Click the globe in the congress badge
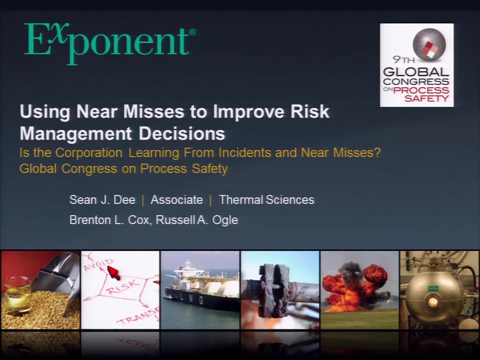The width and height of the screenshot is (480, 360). [x=429, y=45]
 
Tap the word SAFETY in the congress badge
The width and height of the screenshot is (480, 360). [x=427, y=98]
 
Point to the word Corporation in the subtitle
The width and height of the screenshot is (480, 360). [x=89, y=152]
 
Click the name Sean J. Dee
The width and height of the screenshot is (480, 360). [x=102, y=200]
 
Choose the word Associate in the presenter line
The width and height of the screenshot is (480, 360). [x=177, y=200]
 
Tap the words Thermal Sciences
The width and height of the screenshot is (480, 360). [x=267, y=200]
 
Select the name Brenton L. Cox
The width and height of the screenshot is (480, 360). [x=111, y=220]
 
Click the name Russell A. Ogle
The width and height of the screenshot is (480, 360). [x=197, y=220]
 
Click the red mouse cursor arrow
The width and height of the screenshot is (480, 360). [x=114, y=272]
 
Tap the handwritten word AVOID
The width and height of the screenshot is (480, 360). [x=98, y=265]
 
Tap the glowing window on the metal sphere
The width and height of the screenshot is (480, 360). [x=433, y=301]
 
